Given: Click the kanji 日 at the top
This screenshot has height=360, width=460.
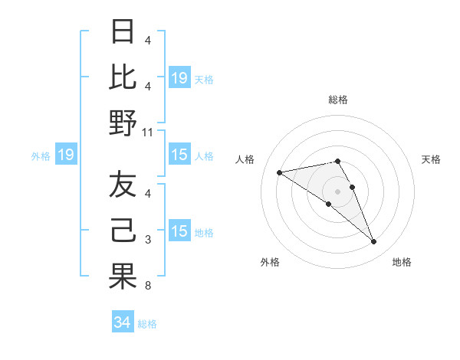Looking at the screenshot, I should point(123,32).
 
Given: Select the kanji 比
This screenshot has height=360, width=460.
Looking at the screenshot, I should point(123,77).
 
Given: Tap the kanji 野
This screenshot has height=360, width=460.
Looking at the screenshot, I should point(123,123).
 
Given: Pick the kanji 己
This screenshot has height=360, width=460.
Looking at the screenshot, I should point(123,231).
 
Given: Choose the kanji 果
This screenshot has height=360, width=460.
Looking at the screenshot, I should point(123,277).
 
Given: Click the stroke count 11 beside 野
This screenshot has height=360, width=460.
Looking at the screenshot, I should point(148,132).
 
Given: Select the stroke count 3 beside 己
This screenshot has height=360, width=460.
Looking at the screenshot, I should point(148,241).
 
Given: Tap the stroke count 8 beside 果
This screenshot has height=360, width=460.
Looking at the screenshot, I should point(148,286).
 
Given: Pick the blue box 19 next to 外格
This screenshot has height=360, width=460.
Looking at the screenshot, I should point(66,155).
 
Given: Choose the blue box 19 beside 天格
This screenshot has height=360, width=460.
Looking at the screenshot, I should point(179,77).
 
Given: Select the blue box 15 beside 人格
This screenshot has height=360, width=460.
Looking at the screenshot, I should point(179,155).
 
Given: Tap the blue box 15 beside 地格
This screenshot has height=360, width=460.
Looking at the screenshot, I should point(179,232).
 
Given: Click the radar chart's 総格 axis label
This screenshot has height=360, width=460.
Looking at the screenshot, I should point(337,100).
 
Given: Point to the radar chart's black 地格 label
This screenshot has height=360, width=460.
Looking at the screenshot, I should point(402,262).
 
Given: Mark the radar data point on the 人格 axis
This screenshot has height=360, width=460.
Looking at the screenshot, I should point(279,172).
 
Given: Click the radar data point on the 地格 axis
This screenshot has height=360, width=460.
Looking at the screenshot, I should point(374,242).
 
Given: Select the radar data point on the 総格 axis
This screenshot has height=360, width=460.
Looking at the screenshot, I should point(337,161).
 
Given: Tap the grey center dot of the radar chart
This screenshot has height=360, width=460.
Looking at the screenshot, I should point(337,191).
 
